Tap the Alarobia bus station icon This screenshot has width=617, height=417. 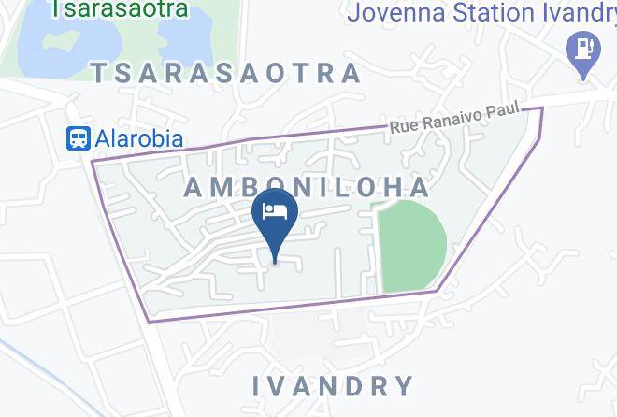click(x=78, y=138)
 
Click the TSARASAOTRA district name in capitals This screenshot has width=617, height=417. click(x=225, y=73)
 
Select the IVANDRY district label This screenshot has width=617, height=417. click(x=334, y=385)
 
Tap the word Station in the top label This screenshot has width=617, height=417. click(x=487, y=14)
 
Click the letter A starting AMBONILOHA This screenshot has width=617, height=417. click(x=194, y=187)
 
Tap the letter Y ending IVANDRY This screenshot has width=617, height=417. click(x=404, y=385)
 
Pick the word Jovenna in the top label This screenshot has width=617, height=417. click(x=389, y=14)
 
